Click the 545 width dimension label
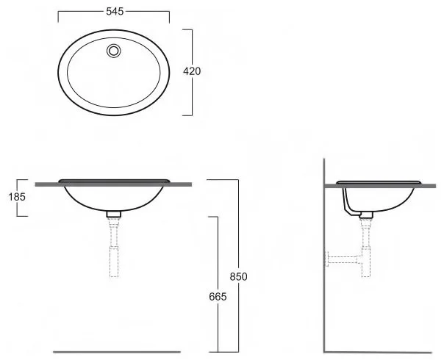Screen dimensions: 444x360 (115, 11)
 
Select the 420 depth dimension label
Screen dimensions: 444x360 (192, 71)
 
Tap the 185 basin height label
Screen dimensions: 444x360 (17, 197)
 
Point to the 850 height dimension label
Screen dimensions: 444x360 (238, 276)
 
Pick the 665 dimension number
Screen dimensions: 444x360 (218, 297)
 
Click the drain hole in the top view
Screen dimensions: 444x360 (114, 51)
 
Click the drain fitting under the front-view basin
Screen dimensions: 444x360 (114, 214)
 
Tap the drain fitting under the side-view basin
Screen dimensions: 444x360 (366, 215)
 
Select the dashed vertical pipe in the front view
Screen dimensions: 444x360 (114, 247)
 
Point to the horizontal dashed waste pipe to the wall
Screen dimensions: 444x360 (344, 259)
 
